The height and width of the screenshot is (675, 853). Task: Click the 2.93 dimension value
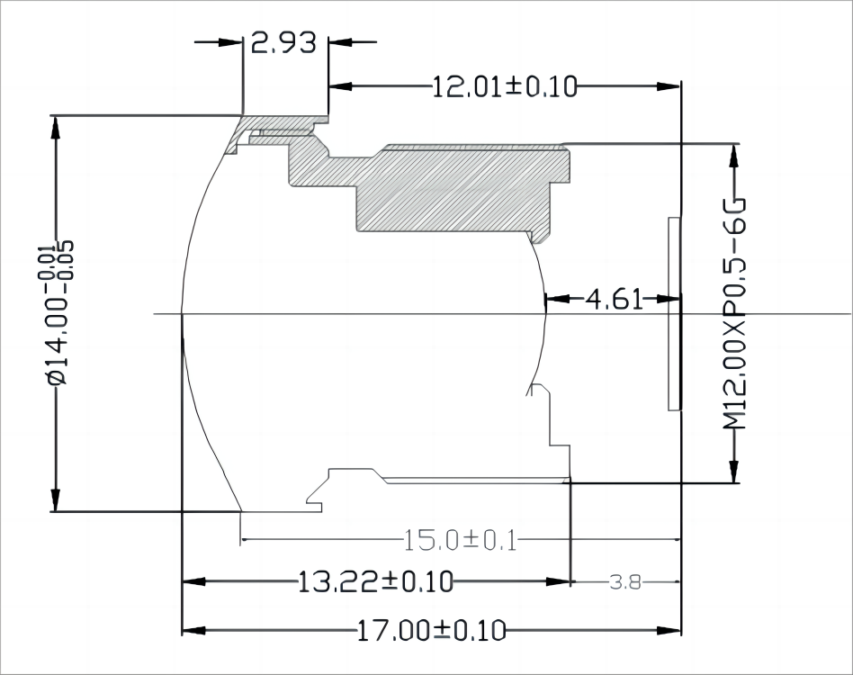284,42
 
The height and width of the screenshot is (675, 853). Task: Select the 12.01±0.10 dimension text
504,86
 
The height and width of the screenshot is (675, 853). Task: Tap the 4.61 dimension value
615,299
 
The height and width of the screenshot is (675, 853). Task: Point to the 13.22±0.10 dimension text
376,582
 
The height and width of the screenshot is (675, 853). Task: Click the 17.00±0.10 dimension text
432,630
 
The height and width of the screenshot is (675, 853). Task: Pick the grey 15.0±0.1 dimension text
460,541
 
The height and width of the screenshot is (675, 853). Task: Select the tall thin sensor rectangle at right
673,313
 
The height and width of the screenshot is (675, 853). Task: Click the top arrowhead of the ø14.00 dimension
56,126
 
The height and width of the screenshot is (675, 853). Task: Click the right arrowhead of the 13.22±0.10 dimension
561,582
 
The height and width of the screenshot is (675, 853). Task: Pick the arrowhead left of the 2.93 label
232,41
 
